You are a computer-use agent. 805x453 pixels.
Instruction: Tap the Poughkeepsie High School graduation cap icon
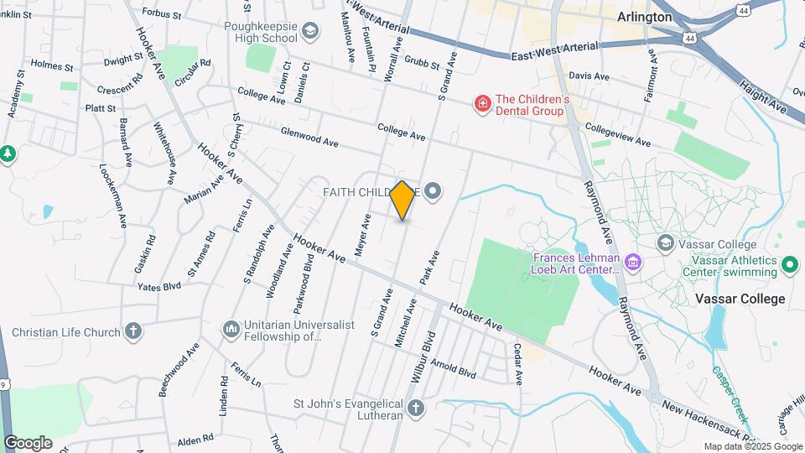click(x=312, y=32)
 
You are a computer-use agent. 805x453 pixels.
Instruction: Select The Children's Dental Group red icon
click(x=482, y=104)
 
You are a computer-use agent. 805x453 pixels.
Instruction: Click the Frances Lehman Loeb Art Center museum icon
click(x=634, y=263)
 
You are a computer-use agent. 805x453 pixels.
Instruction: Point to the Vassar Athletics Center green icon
click(x=789, y=265)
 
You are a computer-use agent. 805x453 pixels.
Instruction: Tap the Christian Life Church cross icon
click(x=132, y=331)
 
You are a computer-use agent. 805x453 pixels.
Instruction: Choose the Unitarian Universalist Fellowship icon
click(x=231, y=327)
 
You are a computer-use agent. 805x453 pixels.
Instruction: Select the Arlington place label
click(x=644, y=17)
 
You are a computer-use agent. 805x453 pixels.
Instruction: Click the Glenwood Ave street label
click(x=309, y=138)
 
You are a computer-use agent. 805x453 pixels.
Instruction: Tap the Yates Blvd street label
click(x=159, y=286)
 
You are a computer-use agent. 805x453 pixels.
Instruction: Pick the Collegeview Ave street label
click(x=619, y=135)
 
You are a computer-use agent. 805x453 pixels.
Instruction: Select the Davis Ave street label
click(x=589, y=75)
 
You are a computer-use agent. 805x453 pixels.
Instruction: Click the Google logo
click(x=28, y=442)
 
